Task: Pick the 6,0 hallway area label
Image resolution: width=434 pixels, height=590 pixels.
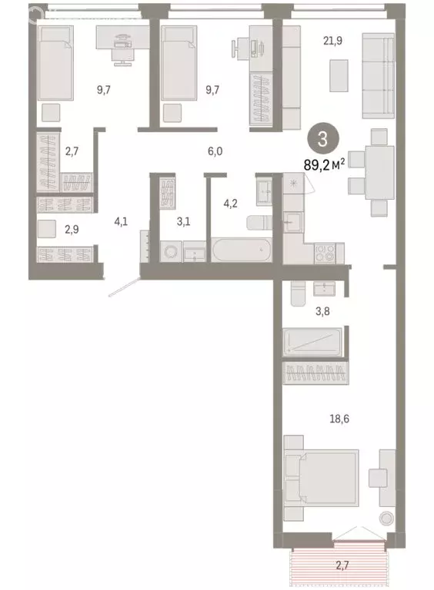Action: [x=215, y=151]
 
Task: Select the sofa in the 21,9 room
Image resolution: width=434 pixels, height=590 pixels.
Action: [x=378, y=73]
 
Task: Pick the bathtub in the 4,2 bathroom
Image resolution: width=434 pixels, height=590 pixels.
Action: [x=241, y=250]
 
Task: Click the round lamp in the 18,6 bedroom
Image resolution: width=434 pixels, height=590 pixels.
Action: [x=385, y=517]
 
